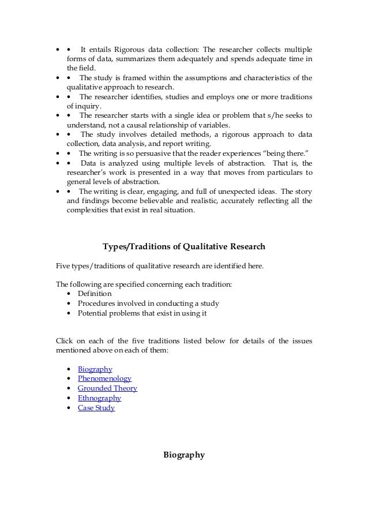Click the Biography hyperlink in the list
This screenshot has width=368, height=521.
click(95, 369)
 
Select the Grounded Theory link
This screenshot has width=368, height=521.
click(107, 388)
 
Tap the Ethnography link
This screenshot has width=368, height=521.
click(99, 398)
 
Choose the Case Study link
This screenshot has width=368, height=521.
click(96, 408)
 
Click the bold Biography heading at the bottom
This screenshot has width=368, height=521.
click(185, 455)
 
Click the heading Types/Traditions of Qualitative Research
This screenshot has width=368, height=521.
click(184, 247)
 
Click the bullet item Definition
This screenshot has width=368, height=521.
click(95, 294)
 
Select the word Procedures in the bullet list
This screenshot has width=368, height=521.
click(97, 303)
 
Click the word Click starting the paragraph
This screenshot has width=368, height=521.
click(64, 340)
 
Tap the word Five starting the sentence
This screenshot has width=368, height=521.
click(62, 265)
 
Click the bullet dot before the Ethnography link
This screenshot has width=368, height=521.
click(70, 398)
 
